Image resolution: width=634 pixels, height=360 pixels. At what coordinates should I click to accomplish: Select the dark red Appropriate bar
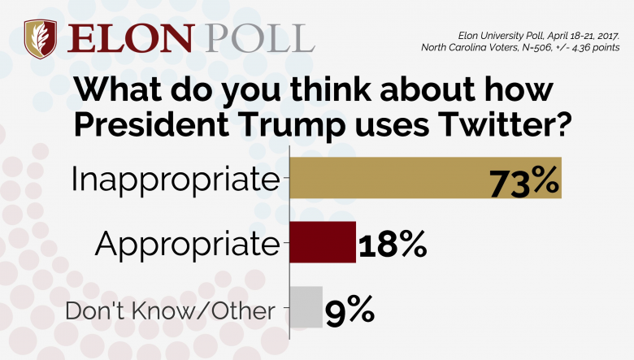click(x=323, y=241)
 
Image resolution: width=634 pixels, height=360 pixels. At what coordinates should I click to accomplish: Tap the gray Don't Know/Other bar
click(x=306, y=306)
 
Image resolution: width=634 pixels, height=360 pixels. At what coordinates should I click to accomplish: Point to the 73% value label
click(x=524, y=181)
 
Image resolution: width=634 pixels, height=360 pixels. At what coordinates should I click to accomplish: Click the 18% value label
click(x=393, y=243)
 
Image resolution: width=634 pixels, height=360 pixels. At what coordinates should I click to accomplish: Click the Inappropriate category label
click(x=175, y=180)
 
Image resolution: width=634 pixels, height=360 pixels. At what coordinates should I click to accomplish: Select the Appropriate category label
click(x=186, y=242)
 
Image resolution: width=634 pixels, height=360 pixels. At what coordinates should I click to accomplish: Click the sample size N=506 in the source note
click(x=533, y=48)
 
